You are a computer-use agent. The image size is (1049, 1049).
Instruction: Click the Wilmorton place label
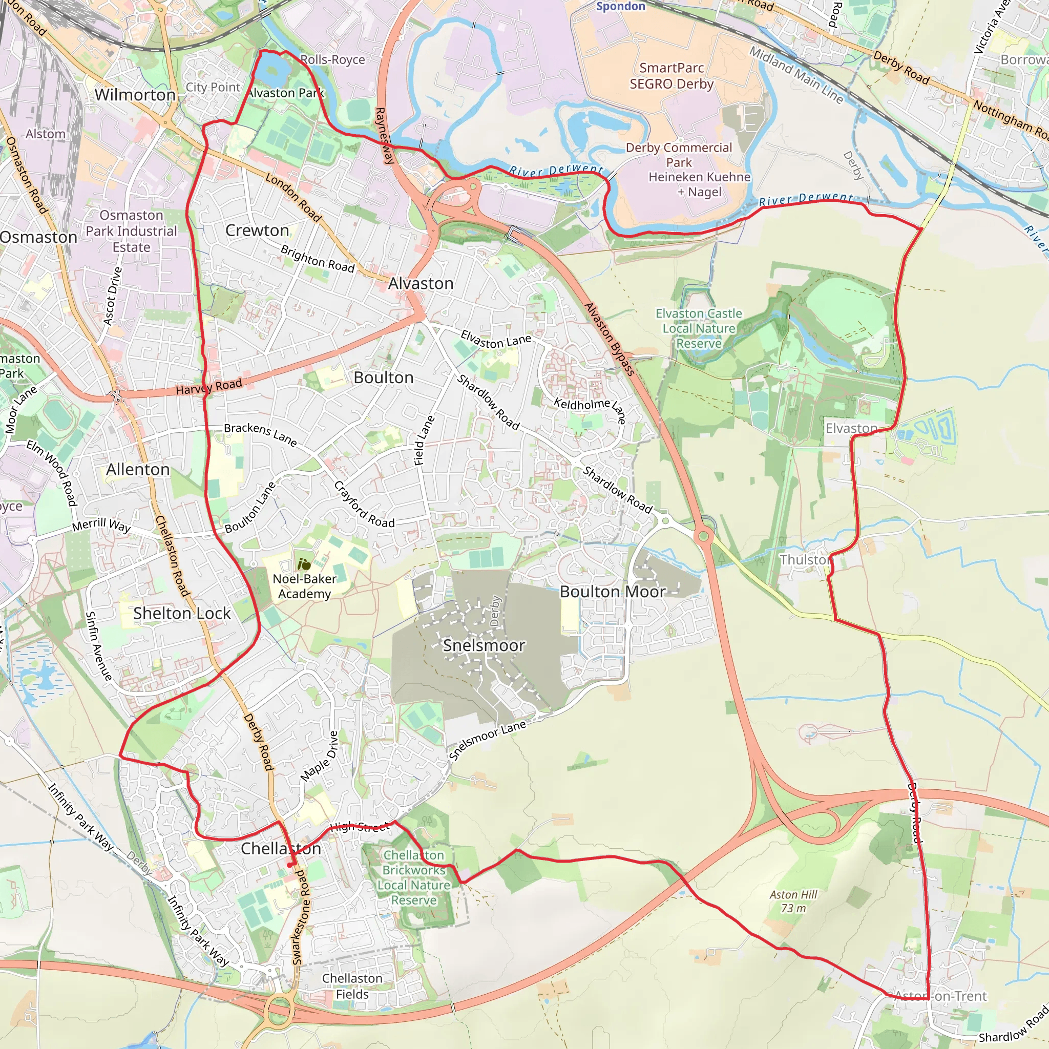pyautogui.click(x=135, y=95)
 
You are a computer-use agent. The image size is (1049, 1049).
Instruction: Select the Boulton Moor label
pyautogui.click(x=613, y=592)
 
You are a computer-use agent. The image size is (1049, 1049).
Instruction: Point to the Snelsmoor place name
pyautogui.click(x=484, y=645)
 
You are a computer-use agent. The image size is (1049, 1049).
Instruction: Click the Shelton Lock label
pyautogui.click(x=182, y=614)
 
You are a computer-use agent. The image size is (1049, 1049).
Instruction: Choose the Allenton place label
pyautogui.click(x=138, y=470)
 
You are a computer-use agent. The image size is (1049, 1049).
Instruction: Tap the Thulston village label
pyautogui.click(x=805, y=560)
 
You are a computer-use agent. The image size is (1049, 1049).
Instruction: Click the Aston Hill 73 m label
pyautogui.click(x=793, y=901)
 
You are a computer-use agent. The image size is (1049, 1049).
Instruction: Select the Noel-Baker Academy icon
pyautogui.click(x=304, y=564)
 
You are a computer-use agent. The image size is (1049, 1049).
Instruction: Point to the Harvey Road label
pyautogui.click(x=209, y=387)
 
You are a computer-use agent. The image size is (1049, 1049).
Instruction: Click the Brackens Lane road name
pyautogui.click(x=261, y=435)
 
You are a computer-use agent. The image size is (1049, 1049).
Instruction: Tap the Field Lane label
pyautogui.click(x=424, y=440)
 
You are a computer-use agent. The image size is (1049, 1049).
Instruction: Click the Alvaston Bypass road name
pyautogui.click(x=609, y=340)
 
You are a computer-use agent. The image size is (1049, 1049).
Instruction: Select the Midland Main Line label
pyautogui.click(x=796, y=75)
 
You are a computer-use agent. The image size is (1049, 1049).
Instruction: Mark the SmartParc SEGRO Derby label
pyautogui.click(x=672, y=76)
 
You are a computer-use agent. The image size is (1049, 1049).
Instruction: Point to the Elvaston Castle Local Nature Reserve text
pyautogui.click(x=699, y=328)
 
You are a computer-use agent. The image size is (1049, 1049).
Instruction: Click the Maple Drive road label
pyautogui.click(x=320, y=757)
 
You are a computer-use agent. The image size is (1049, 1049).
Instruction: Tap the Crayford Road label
pyautogui.click(x=364, y=505)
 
